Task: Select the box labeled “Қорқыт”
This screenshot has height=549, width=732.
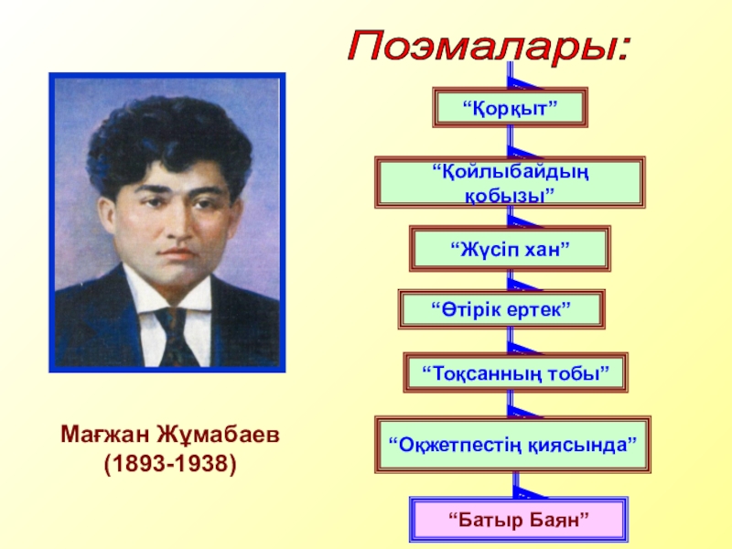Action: click(510, 109)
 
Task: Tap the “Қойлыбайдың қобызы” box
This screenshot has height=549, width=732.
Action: click(510, 182)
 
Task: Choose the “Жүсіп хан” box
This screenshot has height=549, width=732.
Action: click(510, 249)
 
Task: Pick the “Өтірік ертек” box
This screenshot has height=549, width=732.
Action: click(501, 310)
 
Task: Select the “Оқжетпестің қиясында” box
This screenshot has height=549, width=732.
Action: click(512, 444)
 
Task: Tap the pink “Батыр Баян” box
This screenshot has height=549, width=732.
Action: click(517, 519)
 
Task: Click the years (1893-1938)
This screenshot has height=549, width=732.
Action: click(169, 465)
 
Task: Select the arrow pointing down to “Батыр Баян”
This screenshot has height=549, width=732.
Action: click(518, 488)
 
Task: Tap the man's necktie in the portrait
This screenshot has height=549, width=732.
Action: click(174, 335)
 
